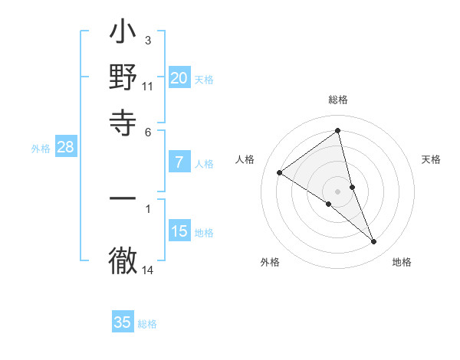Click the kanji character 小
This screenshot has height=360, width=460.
click(x=123, y=34)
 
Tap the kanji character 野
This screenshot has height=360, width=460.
click(x=123, y=78)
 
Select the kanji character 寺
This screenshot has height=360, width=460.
click(x=123, y=122)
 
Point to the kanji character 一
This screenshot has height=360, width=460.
click(x=123, y=198)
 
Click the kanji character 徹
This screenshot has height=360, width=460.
click(x=123, y=260)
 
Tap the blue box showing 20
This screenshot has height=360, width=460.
click(x=179, y=78)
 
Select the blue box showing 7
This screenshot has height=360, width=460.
click(x=179, y=162)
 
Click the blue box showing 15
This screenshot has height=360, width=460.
click(x=179, y=231)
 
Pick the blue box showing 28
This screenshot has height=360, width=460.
click(x=66, y=148)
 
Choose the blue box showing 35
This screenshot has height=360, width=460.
click(x=123, y=322)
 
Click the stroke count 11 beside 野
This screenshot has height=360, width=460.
click(x=148, y=87)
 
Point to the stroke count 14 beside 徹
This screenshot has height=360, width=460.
click(x=148, y=270)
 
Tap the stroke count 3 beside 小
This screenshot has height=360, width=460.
click(x=148, y=40)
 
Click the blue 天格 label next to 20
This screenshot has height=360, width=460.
click(x=204, y=80)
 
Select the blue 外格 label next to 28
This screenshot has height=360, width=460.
click(x=40, y=149)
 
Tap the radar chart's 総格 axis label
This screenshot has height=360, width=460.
click(x=338, y=100)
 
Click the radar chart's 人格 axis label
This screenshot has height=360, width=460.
click(x=245, y=159)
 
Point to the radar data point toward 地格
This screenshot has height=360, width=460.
click(x=374, y=242)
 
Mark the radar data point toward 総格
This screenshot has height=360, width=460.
click(x=338, y=131)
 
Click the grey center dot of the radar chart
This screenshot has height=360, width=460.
click(x=338, y=191)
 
